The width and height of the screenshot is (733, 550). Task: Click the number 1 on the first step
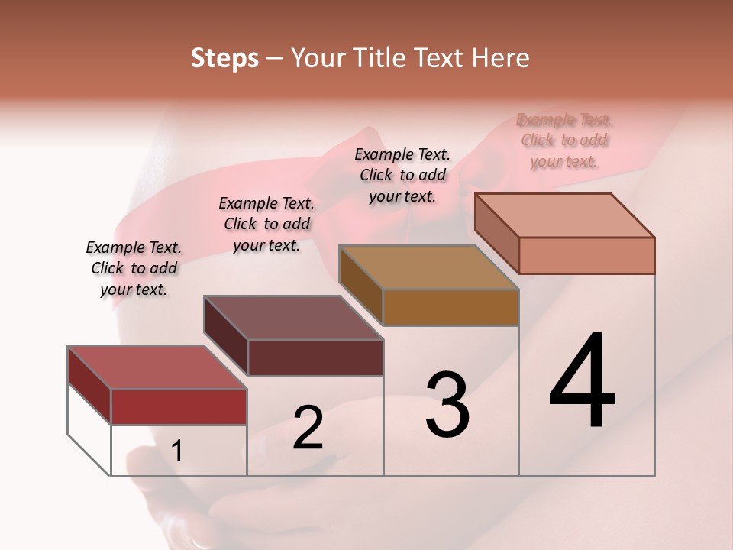tap(177, 451)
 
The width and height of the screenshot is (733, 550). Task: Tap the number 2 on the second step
tap(308, 428)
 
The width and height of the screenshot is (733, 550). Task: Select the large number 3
tap(447, 405)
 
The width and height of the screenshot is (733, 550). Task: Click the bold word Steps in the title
tap(224, 58)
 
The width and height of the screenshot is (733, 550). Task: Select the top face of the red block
tap(157, 367)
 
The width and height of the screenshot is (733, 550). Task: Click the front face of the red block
tap(179, 406)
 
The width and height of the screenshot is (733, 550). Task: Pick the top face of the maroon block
tap(293, 318)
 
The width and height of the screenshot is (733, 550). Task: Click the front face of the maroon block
tap(315, 357)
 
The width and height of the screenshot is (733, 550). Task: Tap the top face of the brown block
tap(428, 267)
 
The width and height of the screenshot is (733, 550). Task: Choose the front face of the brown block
tap(450, 307)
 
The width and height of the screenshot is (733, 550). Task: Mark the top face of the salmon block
tap(564, 215)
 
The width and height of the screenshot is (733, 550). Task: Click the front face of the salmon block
tap(586, 255)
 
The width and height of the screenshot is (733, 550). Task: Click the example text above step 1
tap(134, 268)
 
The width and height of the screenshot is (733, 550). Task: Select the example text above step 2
tap(266, 224)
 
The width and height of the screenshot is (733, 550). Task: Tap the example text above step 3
tap(402, 175)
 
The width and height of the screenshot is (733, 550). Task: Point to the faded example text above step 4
tap(564, 140)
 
